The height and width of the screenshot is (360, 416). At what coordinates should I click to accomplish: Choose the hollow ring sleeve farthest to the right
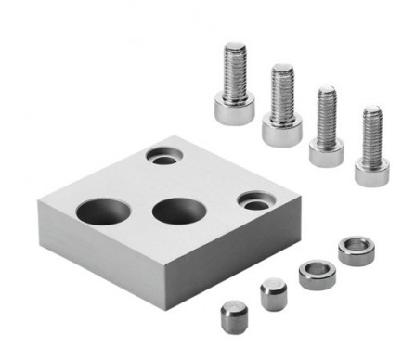point(353,250)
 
